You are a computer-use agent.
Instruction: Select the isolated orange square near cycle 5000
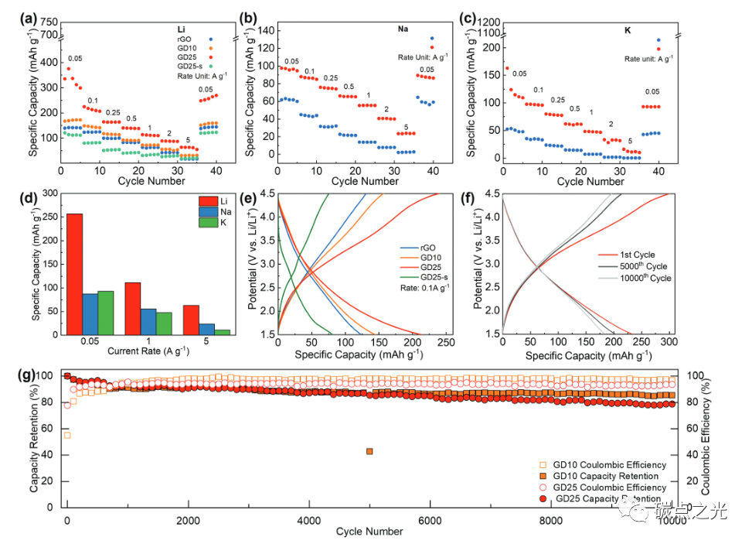[x=369, y=451]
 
